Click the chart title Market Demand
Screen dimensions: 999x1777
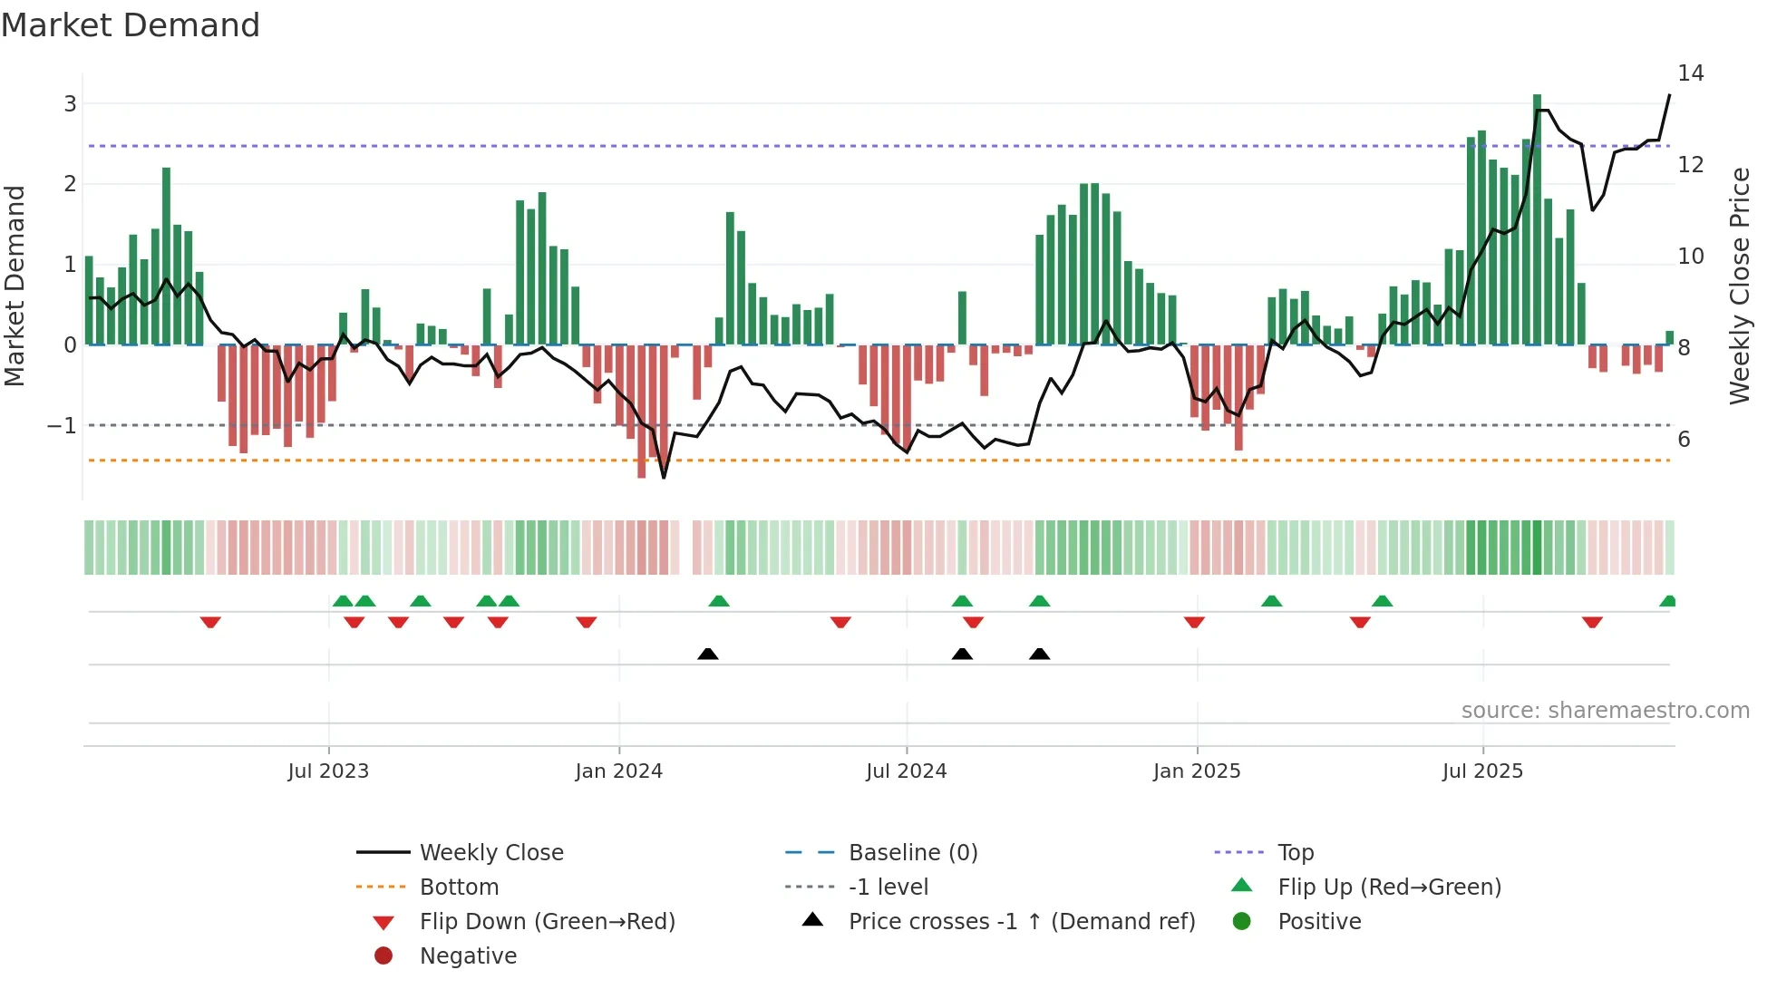pos(131,24)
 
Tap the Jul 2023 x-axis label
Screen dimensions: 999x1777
pos(328,771)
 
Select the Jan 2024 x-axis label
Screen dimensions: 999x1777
pos(618,771)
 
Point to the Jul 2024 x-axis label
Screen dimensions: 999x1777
pos(906,771)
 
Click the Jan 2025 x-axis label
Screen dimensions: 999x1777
pos(1196,771)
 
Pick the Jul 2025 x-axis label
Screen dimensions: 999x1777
pos(1482,771)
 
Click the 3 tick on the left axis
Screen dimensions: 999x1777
pos(70,103)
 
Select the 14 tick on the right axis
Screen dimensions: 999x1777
pos(1690,73)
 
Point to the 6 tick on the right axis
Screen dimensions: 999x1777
pos(1684,439)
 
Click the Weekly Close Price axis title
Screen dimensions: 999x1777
pos(1739,286)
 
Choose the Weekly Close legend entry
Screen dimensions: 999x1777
pos(490,852)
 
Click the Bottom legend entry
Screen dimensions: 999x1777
pos(459,887)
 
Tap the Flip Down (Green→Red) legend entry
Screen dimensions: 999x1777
pos(547,921)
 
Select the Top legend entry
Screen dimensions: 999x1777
pos(1295,852)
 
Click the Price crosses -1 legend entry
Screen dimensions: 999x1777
pos(1021,921)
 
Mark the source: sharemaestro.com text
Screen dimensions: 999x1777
pos(1605,710)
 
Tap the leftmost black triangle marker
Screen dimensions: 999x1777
pos(708,654)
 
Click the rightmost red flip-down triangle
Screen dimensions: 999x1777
pos(1592,622)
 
